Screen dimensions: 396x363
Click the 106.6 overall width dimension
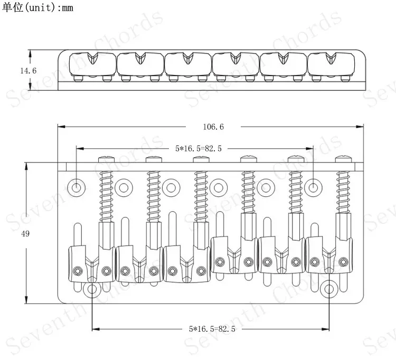point(213,126)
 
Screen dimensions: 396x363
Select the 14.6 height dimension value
point(29,70)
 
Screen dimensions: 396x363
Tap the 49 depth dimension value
point(25,234)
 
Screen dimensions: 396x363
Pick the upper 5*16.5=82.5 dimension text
point(199,148)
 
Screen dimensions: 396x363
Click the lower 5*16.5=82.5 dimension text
point(212,329)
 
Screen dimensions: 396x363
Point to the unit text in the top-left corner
point(37,7)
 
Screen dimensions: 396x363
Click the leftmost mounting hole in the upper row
point(76,188)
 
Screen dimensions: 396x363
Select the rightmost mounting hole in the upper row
point(313,188)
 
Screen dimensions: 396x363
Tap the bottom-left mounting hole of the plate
point(92,289)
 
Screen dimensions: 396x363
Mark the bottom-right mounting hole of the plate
point(329,289)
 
